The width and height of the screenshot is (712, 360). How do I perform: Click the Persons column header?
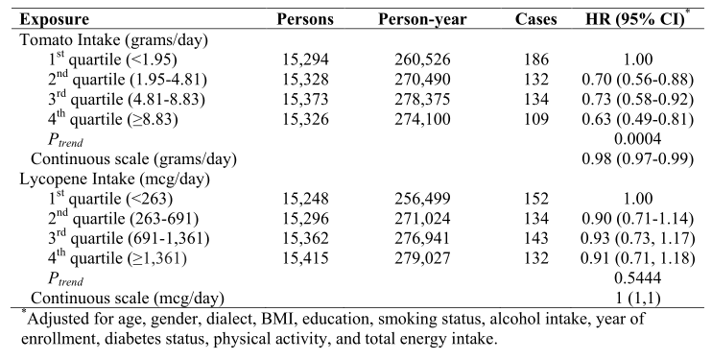pos(305,19)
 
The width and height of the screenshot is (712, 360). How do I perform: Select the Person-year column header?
pos(422,19)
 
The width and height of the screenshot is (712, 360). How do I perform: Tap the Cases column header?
pos(535,19)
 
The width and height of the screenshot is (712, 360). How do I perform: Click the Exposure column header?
pos(54,19)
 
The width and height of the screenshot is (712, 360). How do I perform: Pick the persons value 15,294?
pos(305,60)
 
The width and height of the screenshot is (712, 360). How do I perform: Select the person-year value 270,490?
pos(422,80)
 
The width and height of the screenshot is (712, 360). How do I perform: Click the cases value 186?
pos(536,60)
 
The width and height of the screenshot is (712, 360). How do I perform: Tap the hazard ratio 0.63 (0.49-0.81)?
pos(637,120)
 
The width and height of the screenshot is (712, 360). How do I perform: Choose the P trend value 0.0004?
pos(637,139)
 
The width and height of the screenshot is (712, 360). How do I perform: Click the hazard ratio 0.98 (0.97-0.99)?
pos(637,159)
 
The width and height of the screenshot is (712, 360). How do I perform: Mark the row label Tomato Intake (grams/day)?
pos(113,40)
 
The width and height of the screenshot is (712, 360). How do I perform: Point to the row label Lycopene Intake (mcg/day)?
pos(114,180)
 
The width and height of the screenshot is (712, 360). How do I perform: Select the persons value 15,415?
pos(305,258)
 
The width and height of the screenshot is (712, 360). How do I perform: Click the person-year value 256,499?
pos(422,199)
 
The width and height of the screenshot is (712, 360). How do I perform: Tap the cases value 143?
pos(536,239)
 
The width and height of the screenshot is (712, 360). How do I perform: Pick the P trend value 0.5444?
pos(637,278)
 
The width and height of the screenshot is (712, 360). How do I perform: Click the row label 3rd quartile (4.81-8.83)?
pos(127,99)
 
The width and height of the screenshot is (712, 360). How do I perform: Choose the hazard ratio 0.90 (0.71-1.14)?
pos(637,219)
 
